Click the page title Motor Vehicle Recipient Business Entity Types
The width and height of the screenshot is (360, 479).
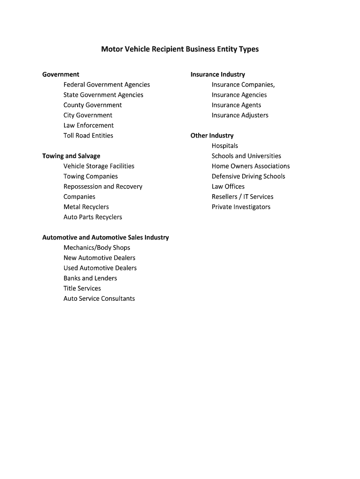click(x=180, y=49)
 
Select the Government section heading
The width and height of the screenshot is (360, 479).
click(x=61, y=74)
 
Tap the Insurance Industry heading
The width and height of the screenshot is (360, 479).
click(x=217, y=74)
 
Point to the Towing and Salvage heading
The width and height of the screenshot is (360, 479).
click(x=71, y=156)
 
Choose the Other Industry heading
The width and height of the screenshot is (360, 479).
click(x=212, y=136)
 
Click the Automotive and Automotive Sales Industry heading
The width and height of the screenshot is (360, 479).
click(x=106, y=238)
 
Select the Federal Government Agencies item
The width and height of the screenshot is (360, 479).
click(x=107, y=85)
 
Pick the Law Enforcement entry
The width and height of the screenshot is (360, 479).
click(x=88, y=125)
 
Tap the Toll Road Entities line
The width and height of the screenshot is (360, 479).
click(x=88, y=136)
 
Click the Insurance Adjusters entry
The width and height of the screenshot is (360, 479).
click(x=240, y=115)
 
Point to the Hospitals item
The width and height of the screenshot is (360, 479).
click(x=225, y=146)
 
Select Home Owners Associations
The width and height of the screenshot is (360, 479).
click(x=251, y=166)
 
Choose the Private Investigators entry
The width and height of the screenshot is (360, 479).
click(x=241, y=207)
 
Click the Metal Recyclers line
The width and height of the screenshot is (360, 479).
click(x=86, y=207)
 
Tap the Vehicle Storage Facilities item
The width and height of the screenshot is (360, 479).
click(x=99, y=166)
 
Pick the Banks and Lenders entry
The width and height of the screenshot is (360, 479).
click(x=90, y=278)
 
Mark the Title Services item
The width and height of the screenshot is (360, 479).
click(x=82, y=289)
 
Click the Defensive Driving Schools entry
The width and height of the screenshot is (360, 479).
click(x=248, y=176)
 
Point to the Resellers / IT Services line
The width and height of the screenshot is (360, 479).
click(x=242, y=197)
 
